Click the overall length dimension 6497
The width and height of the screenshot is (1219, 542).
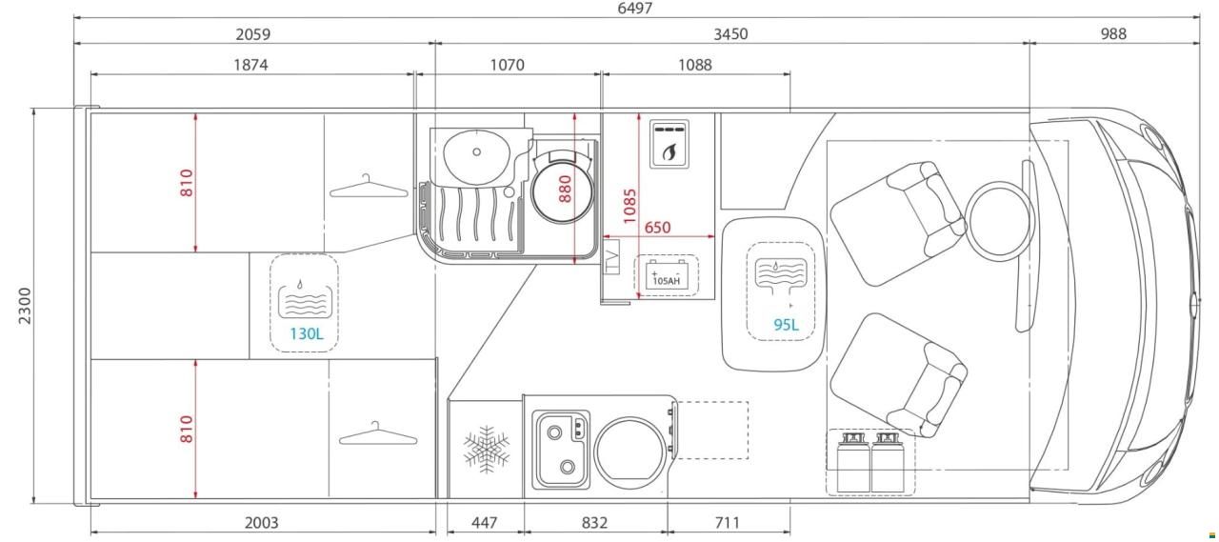[634, 9]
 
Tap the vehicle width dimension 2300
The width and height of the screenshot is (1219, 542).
[25, 306]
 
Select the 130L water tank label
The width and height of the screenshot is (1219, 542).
[307, 333]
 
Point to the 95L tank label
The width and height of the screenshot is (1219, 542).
[787, 325]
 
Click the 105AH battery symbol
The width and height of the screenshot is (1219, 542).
[666, 275]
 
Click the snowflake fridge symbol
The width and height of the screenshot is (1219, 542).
[487, 449]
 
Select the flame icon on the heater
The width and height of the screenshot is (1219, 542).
[669, 151]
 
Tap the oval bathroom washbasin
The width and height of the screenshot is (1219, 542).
[477, 153]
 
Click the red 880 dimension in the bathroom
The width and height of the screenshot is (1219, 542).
[566, 189]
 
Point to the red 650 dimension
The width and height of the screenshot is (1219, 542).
[657, 228]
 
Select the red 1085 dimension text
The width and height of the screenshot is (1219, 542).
[629, 207]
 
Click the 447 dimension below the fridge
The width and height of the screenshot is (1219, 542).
[485, 523]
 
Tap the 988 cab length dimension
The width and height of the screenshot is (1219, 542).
[1113, 33]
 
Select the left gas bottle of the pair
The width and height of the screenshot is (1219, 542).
[852, 463]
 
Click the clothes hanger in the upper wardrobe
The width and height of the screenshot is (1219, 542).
[369, 186]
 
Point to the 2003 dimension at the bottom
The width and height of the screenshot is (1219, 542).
[261, 523]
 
